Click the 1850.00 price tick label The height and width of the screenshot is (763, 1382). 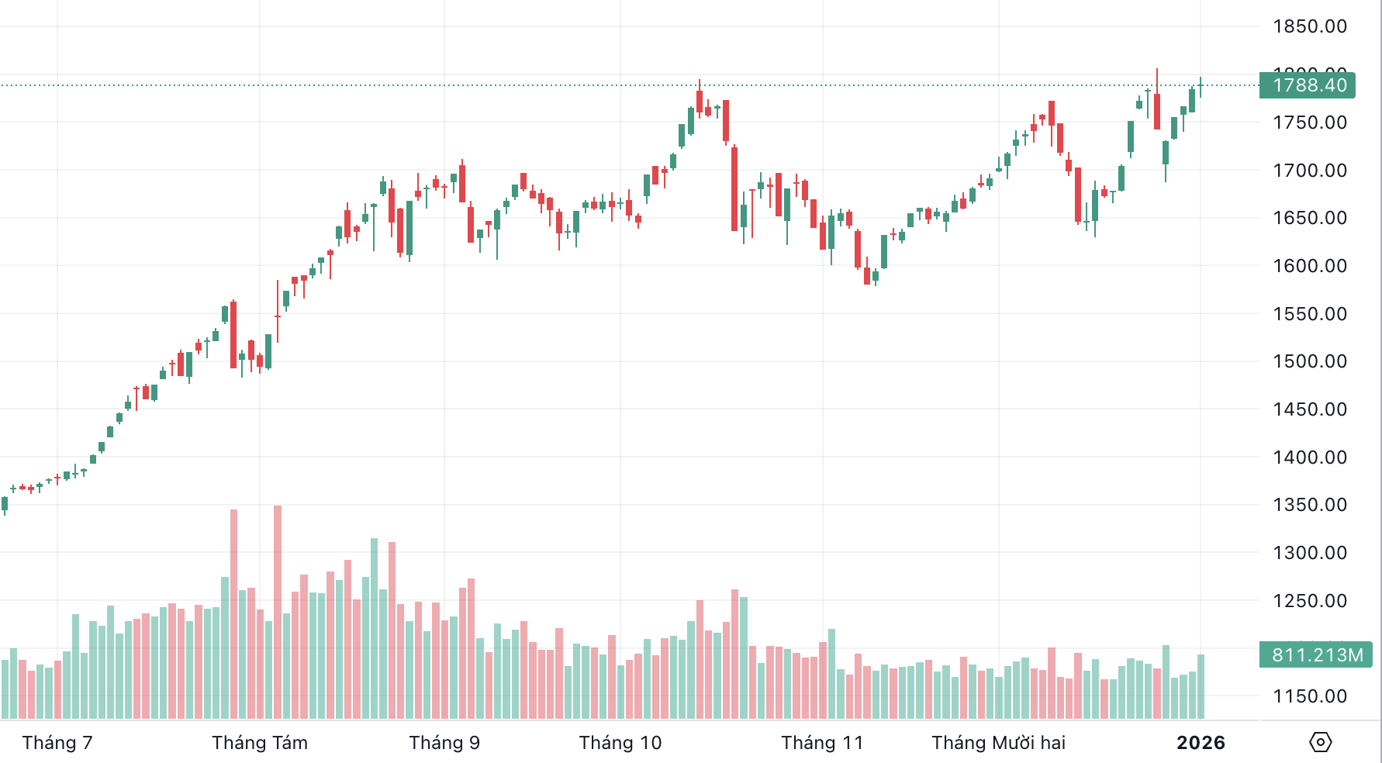1309,26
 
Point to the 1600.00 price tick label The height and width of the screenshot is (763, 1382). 1309,266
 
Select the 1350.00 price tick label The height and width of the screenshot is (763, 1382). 1309,505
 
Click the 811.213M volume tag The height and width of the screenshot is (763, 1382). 1316,655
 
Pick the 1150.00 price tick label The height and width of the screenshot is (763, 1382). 1309,696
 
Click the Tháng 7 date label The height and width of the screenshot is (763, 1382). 57,743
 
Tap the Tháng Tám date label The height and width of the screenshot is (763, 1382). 260,743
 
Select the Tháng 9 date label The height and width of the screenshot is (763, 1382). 444,743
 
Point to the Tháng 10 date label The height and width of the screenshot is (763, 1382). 620,743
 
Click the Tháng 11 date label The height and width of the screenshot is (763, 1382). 822,743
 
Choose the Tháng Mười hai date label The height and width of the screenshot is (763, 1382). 998,743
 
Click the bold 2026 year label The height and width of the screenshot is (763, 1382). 1201,743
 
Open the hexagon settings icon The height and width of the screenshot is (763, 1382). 1320,743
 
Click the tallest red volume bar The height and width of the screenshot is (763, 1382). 278,613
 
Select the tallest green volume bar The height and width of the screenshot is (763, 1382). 375,628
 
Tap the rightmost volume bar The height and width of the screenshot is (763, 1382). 1201,686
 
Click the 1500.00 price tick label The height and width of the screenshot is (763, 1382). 1309,361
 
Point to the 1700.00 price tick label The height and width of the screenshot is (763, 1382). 1309,171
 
